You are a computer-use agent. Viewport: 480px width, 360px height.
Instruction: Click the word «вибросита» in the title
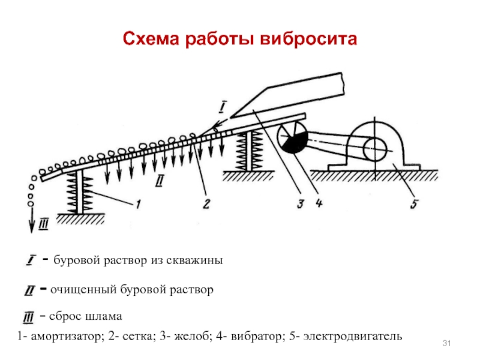(308, 39)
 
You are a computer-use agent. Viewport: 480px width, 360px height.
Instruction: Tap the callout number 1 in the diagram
(138, 204)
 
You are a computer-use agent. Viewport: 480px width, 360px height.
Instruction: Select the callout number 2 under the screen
(206, 203)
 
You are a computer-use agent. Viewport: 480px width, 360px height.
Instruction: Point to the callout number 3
(301, 203)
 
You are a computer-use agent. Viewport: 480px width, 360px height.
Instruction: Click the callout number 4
(319, 203)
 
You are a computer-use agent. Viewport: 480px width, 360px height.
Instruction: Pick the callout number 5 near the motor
(414, 203)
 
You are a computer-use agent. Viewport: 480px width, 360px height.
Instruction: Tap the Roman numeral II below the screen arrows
(160, 181)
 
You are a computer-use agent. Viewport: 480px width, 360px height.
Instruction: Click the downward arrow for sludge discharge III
(32, 220)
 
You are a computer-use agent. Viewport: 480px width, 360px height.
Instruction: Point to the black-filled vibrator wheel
(292, 138)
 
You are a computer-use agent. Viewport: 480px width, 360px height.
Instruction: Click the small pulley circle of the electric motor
(374, 149)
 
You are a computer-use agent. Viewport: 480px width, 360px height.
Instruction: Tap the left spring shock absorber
(80, 191)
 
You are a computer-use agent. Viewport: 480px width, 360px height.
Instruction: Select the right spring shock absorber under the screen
(249, 151)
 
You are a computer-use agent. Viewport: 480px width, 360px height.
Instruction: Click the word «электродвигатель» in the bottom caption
(353, 336)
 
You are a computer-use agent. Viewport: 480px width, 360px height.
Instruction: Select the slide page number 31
(446, 343)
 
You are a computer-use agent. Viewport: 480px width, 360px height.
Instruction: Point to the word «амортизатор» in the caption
(66, 337)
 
